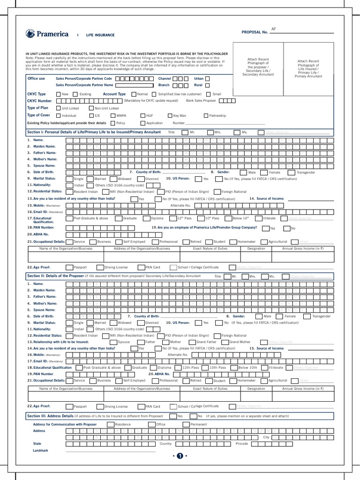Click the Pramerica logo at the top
coord(47,34)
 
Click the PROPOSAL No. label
coord(255,32)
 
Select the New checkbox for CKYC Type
coord(58,94)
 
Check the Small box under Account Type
coord(208,94)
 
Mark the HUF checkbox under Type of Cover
coord(142,115)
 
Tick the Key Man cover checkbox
coord(169,115)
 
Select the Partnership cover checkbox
coord(205,115)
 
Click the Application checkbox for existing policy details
coord(142,123)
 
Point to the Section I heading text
coord(94,132)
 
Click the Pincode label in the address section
coord(241,443)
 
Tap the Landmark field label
coord(40,450)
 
